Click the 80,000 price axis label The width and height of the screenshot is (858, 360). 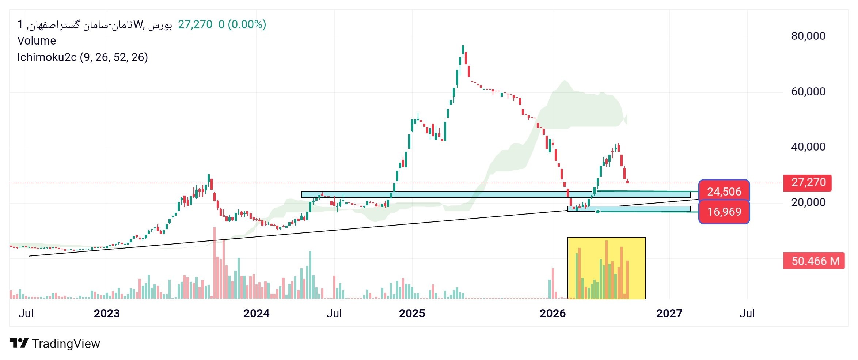pos(808,36)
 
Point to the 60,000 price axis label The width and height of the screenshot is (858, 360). pos(808,91)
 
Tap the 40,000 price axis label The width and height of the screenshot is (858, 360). pos(808,147)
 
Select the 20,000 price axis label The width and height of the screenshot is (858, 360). pos(808,202)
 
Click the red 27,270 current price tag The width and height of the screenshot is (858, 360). pos(808,183)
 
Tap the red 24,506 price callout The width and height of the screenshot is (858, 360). pos(724,191)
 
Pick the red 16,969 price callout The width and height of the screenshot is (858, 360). pos(724,212)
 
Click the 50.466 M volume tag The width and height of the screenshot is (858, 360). pos(814,261)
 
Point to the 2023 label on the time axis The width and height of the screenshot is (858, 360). pos(107,313)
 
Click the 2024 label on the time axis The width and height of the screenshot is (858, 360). pos(257,313)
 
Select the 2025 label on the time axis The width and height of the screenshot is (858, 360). pos(412,313)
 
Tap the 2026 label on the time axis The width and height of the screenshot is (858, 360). pos(553,313)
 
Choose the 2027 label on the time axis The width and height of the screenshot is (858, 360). pos(669,313)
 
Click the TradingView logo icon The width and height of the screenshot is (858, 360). pos(19,343)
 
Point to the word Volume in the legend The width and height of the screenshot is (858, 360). pos(37,41)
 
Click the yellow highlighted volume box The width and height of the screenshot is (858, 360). pos(607,268)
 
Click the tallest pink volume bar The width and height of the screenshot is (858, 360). pos(214,263)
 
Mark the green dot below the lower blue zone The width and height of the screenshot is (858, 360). pos(598,212)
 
